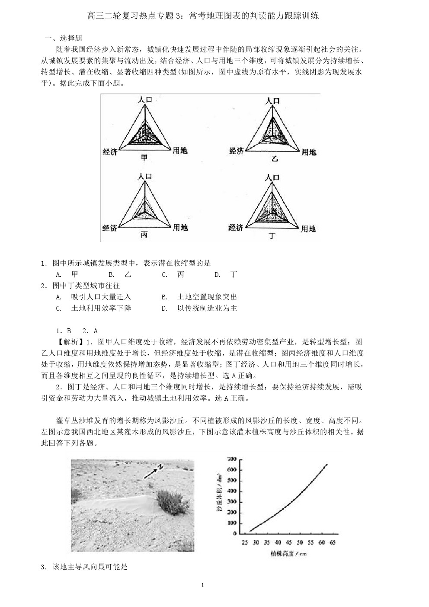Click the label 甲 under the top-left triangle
[x=144, y=158]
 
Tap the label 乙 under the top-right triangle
[x=275, y=159]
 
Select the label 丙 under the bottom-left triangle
[x=144, y=234]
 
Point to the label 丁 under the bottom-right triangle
[x=272, y=236]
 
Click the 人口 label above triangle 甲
[x=145, y=100]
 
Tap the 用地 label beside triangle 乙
[x=309, y=152]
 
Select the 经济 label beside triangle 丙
[x=110, y=228]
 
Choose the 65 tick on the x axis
[x=332, y=543]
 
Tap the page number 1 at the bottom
[x=202, y=585]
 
